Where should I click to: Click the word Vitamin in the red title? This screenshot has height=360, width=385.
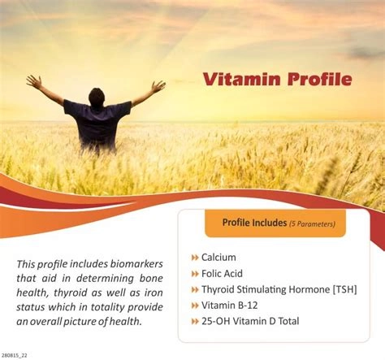pyautogui.click(x=241, y=79)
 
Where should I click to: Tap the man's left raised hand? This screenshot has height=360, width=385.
pyautogui.click(x=34, y=82)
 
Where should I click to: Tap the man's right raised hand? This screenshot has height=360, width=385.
pyautogui.click(x=158, y=86)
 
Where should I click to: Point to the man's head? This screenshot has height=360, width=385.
pyautogui.click(x=97, y=98)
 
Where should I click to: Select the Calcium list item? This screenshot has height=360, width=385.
pyautogui.click(x=218, y=258)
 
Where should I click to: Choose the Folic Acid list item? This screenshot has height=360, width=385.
pyautogui.click(x=222, y=274)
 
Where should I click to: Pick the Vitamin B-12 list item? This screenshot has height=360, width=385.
pyautogui.click(x=229, y=306)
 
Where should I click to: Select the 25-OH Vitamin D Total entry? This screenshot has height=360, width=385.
pyautogui.click(x=250, y=321)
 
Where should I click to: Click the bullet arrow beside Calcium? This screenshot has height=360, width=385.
pyautogui.click(x=195, y=258)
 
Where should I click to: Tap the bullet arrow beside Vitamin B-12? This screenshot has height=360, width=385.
pyautogui.click(x=195, y=306)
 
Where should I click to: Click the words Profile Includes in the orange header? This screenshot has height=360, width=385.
pyautogui.click(x=254, y=223)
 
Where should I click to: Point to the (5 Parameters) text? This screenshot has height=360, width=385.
pyautogui.click(x=312, y=224)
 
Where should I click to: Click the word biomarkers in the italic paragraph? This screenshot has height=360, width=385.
pyautogui.click(x=136, y=264)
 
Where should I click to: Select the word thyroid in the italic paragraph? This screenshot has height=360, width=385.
pyautogui.click(x=71, y=293)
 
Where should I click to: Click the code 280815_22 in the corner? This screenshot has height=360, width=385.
pyautogui.click(x=14, y=355)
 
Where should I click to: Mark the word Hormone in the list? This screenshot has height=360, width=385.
pyautogui.click(x=309, y=289)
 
